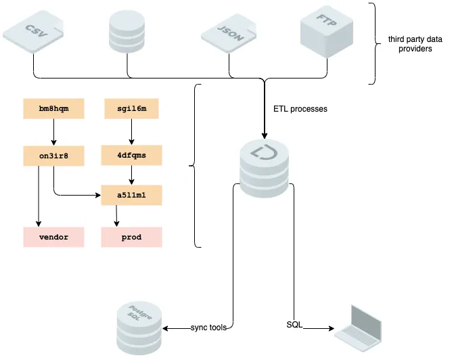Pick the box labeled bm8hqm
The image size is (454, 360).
tap(53, 108)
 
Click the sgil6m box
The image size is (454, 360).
tap(133, 108)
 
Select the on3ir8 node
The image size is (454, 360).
tap(53, 155)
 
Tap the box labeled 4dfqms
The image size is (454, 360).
tap(133, 155)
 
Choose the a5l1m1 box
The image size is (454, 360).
tap(133, 195)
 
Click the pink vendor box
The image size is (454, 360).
tap(53, 237)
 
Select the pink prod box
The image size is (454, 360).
tap(133, 237)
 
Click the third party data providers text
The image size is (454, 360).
tap(415, 44)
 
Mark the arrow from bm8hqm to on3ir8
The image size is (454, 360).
tap(53, 131)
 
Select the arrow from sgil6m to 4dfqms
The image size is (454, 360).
tap(133, 131)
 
